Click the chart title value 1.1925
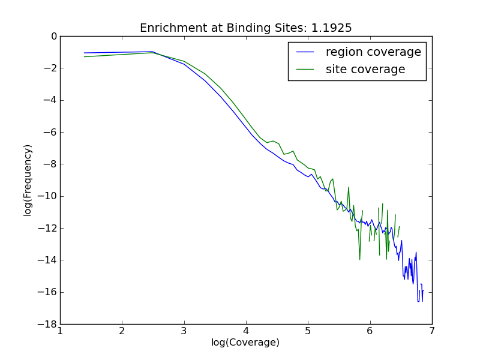[x=335, y=28]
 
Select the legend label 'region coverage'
[x=373, y=52]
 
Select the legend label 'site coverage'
[x=365, y=70]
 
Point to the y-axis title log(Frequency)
[x=28, y=180]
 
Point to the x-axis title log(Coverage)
[x=245, y=343]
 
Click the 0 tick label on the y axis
[x=53, y=37]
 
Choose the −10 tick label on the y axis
[x=49, y=196]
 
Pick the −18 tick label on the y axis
[x=49, y=325]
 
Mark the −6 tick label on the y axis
[x=51, y=133]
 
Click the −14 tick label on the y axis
[x=49, y=260]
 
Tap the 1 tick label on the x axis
[x=60, y=331]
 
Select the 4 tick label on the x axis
[x=246, y=331]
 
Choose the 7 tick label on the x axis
[x=432, y=331]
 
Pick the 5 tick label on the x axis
[x=308, y=331]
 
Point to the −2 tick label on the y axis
[x=51, y=68]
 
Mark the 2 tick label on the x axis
[x=122, y=331]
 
